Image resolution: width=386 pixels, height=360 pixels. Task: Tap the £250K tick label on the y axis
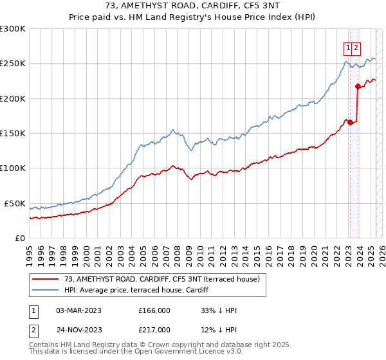(x=13, y=64)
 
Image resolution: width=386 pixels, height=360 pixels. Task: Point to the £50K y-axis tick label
(x=15, y=203)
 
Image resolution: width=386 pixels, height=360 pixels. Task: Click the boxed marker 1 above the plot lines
(x=348, y=47)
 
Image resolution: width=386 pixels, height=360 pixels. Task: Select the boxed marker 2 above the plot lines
(x=356, y=47)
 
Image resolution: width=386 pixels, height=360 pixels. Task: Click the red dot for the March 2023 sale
(x=349, y=122)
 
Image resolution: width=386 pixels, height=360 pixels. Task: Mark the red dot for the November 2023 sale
(x=358, y=86)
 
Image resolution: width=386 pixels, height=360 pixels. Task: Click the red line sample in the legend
(x=45, y=279)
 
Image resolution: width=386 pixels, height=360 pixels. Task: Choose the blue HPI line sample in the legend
(x=45, y=290)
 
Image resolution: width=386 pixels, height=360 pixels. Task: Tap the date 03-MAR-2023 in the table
(x=79, y=310)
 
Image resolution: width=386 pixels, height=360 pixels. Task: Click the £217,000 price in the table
(x=154, y=329)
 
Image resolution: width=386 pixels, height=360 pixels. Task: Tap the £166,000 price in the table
(x=154, y=310)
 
